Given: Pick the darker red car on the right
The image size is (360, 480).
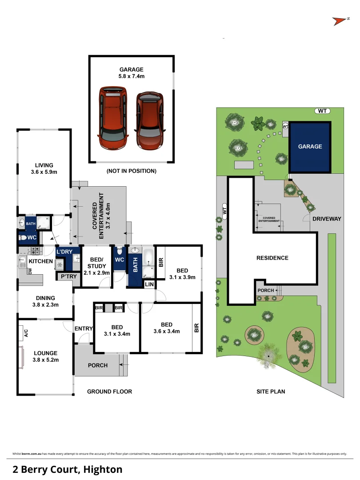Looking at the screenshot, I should pos(150,120).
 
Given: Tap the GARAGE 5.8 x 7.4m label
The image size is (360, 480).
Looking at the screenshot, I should pos(132,73).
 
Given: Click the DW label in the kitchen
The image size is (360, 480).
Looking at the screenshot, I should pos(30,271).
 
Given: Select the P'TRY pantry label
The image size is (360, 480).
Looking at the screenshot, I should pos(68,276).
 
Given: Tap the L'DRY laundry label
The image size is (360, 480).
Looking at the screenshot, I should pos(65,252).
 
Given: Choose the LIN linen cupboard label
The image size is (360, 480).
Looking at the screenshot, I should pos(149,284).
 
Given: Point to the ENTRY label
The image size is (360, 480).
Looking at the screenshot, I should pos(84,329).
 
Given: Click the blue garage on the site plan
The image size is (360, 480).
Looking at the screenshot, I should pos(310,147).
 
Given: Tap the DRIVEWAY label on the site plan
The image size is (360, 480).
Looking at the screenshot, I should pos(326,219).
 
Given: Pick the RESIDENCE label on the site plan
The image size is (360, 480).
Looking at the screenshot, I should pos(272,258).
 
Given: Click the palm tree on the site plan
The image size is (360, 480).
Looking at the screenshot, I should pos(269,354).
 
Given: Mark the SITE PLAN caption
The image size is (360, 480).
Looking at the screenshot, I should pos(271,392).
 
